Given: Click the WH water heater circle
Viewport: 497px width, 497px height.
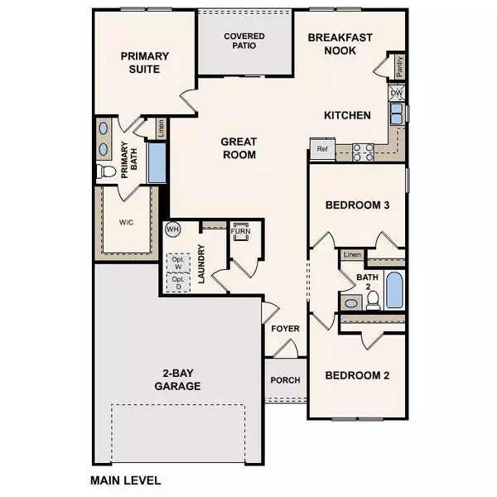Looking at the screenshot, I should pos(173,229).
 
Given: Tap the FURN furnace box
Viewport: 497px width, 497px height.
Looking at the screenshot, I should pos(242,231).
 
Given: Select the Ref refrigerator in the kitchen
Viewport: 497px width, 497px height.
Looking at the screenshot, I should pos(321,150).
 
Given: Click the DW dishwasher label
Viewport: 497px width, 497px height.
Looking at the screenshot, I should pos(397,94).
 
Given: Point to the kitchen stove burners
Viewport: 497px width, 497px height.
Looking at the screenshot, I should pos(363,152).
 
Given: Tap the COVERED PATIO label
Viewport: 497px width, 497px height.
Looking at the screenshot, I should pos(244,41).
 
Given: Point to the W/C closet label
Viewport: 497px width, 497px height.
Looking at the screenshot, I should pos(126,222).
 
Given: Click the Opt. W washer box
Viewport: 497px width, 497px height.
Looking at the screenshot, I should pos(177,261).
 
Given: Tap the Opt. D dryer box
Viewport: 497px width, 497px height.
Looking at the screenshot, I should pos(177,282).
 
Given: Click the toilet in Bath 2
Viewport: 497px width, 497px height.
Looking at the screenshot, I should pos(372,299).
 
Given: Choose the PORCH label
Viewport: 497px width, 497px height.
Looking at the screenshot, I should pos(286,380).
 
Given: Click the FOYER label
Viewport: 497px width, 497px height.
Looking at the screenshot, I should pos(285,329).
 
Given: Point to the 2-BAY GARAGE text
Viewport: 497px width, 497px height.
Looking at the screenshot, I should pos(177,379).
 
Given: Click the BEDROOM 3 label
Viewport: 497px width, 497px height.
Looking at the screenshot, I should pos(357,205).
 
